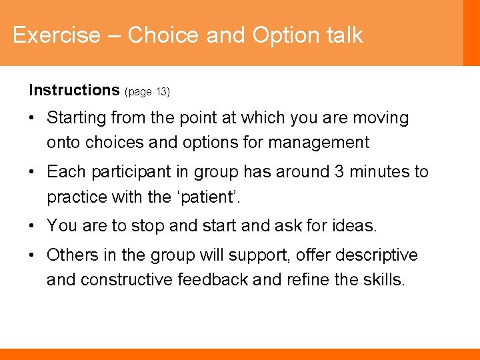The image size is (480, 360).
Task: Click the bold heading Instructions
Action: [x=73, y=90]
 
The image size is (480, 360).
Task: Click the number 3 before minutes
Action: [x=339, y=172]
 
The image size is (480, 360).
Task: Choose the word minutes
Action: [x=379, y=172]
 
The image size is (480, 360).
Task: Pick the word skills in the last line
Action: [x=383, y=279]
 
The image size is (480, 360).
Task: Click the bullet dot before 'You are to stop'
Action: [x=32, y=227]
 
